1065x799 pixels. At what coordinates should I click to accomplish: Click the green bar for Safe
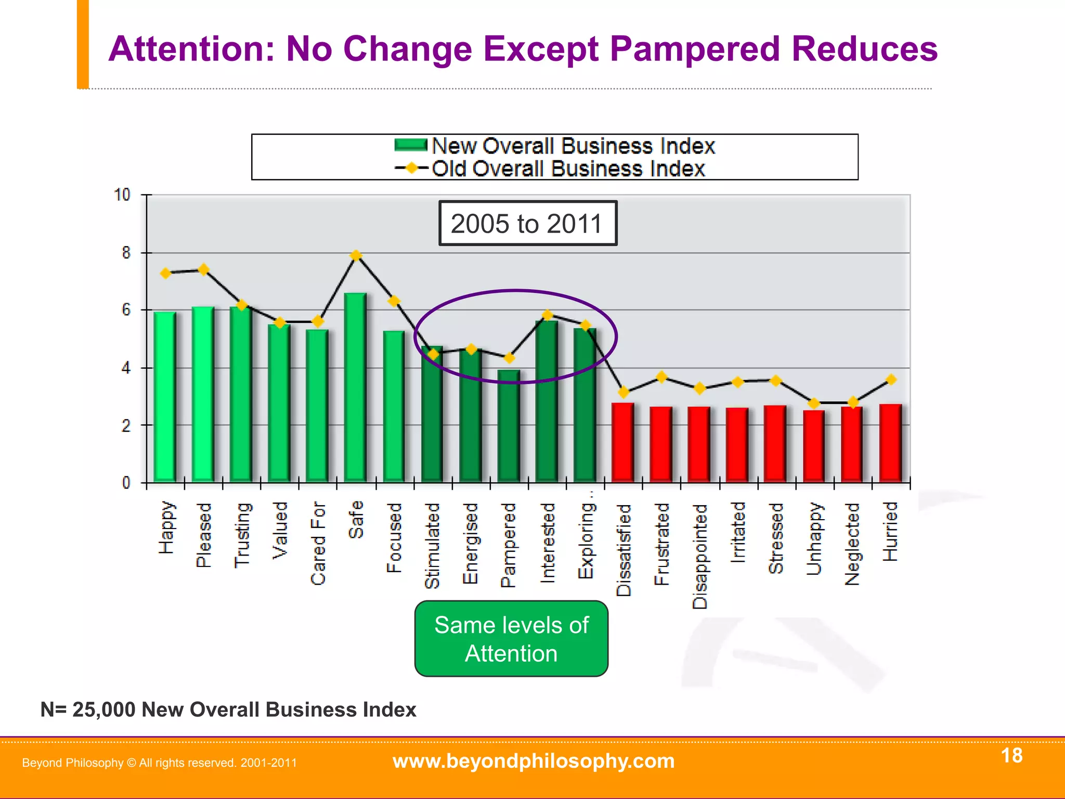355,388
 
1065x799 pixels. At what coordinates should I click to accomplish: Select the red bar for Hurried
890,443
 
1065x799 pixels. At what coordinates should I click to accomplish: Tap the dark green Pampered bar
509,426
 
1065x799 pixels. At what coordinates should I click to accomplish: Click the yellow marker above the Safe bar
356,255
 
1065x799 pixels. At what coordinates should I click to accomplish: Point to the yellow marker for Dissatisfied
624,392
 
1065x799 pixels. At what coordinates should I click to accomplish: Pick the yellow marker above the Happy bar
165,273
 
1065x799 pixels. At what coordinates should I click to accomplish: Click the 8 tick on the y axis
126,253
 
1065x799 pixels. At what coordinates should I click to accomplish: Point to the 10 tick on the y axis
122,195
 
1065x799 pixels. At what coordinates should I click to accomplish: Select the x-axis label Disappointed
700,556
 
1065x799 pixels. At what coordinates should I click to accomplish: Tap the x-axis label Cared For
318,543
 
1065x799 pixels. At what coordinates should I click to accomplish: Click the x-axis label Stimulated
432,545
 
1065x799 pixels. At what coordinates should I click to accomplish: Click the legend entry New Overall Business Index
555,146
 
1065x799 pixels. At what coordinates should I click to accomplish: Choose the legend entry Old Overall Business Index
550,169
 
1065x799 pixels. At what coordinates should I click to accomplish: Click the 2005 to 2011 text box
527,224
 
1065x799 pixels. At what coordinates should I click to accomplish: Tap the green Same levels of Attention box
511,639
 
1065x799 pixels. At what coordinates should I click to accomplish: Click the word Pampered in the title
695,49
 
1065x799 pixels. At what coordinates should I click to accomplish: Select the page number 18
1011,755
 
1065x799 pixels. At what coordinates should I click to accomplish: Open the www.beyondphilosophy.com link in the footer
533,761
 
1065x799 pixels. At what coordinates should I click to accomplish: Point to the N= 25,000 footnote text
228,710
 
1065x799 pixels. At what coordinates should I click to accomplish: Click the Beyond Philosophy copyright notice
159,763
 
